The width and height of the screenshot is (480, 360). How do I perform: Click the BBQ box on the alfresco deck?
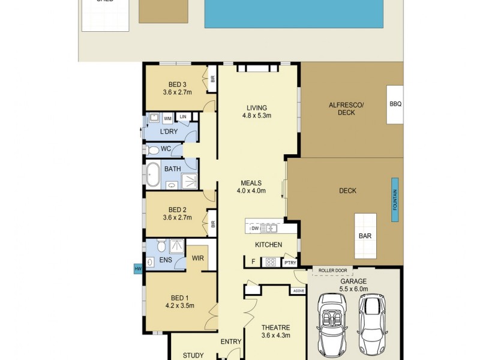click(395, 104)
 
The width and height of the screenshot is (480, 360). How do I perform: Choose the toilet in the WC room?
click(152, 149)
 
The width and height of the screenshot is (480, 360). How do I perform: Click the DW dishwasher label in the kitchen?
click(255, 229)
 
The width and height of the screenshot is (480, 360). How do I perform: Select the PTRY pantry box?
click(290, 262)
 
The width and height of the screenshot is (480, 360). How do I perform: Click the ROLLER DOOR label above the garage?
click(333, 270)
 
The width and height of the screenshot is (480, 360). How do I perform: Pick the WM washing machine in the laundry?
click(167, 119)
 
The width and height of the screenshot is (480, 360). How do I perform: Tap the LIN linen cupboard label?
click(182, 116)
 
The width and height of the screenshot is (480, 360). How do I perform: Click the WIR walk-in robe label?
click(198, 259)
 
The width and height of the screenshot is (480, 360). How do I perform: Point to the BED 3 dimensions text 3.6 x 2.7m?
click(176, 92)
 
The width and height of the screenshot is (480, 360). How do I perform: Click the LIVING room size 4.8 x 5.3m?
click(257, 115)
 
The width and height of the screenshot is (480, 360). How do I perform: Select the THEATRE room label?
click(276, 328)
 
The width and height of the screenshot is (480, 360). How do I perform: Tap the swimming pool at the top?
click(294, 14)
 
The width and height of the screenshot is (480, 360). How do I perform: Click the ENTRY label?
click(231, 342)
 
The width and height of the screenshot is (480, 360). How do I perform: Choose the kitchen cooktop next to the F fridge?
click(271, 262)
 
